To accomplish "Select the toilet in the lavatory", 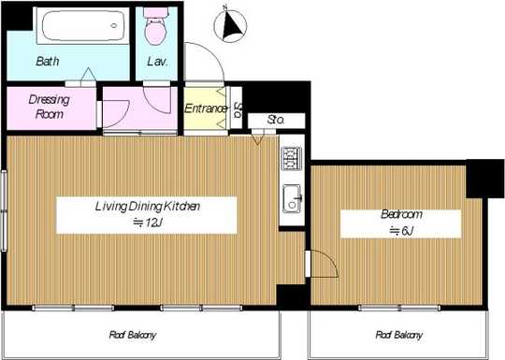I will [x=156, y=28].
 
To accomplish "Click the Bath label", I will [x=48, y=63].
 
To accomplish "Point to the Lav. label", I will [x=157, y=63].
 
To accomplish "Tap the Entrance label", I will [x=206, y=108].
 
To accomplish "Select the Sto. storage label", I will [x=276, y=120].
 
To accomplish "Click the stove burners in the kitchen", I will [x=290, y=158].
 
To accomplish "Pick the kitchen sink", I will [x=291, y=199].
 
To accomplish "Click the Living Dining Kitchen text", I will [x=147, y=206].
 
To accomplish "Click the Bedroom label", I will [x=400, y=214].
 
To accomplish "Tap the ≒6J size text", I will [x=400, y=230].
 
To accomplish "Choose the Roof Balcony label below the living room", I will [x=132, y=334].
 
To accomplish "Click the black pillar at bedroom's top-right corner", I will [x=484, y=178].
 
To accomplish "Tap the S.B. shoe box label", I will [x=238, y=107].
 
